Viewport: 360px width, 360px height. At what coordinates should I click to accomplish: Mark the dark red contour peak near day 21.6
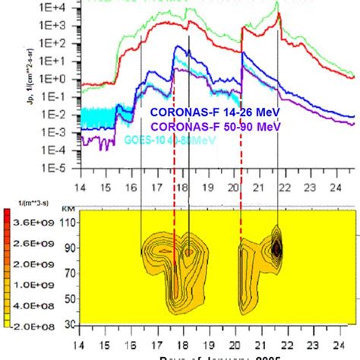pyautogui.click(x=277, y=248)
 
